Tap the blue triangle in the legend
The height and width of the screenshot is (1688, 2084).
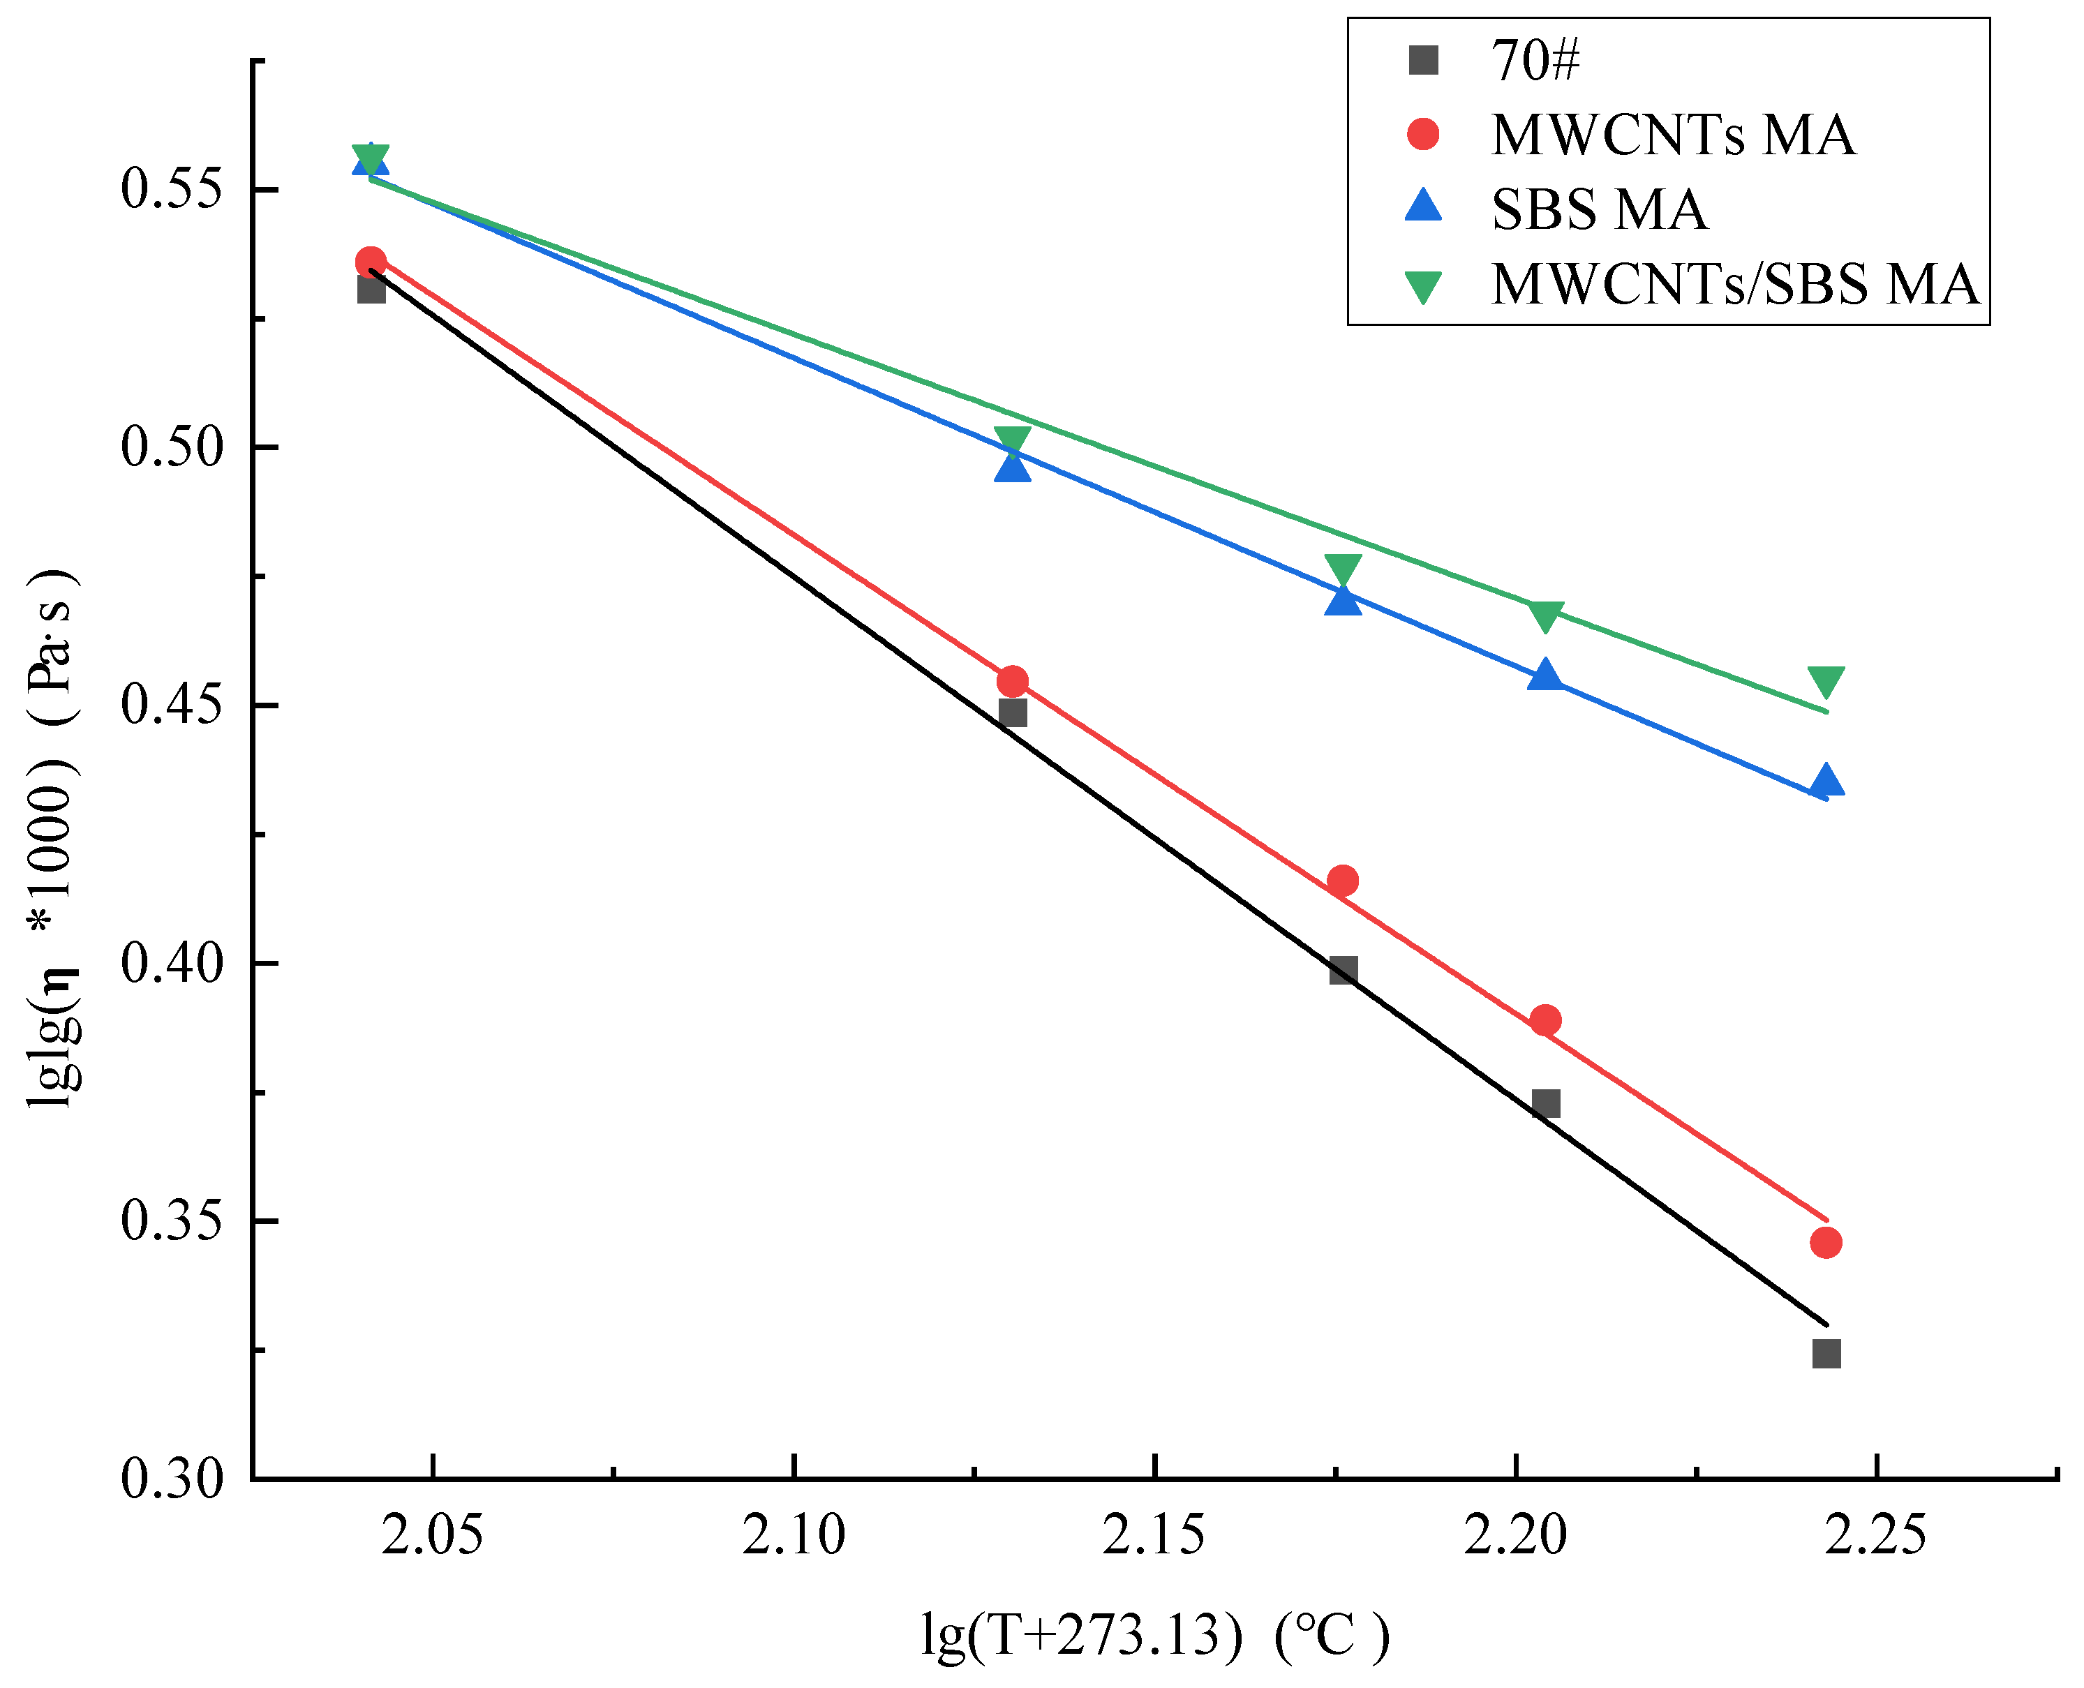point(1423,206)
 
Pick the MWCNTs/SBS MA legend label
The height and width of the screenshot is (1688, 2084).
point(1734,284)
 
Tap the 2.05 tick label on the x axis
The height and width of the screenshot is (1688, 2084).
point(432,1537)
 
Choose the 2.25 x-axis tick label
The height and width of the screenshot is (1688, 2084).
point(1874,1537)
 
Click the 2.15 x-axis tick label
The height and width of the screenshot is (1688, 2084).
point(1154,1537)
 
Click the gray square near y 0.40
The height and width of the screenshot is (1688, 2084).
point(1343,969)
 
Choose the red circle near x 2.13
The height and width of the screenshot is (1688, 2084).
point(1013,680)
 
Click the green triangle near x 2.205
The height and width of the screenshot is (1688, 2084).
point(1545,615)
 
